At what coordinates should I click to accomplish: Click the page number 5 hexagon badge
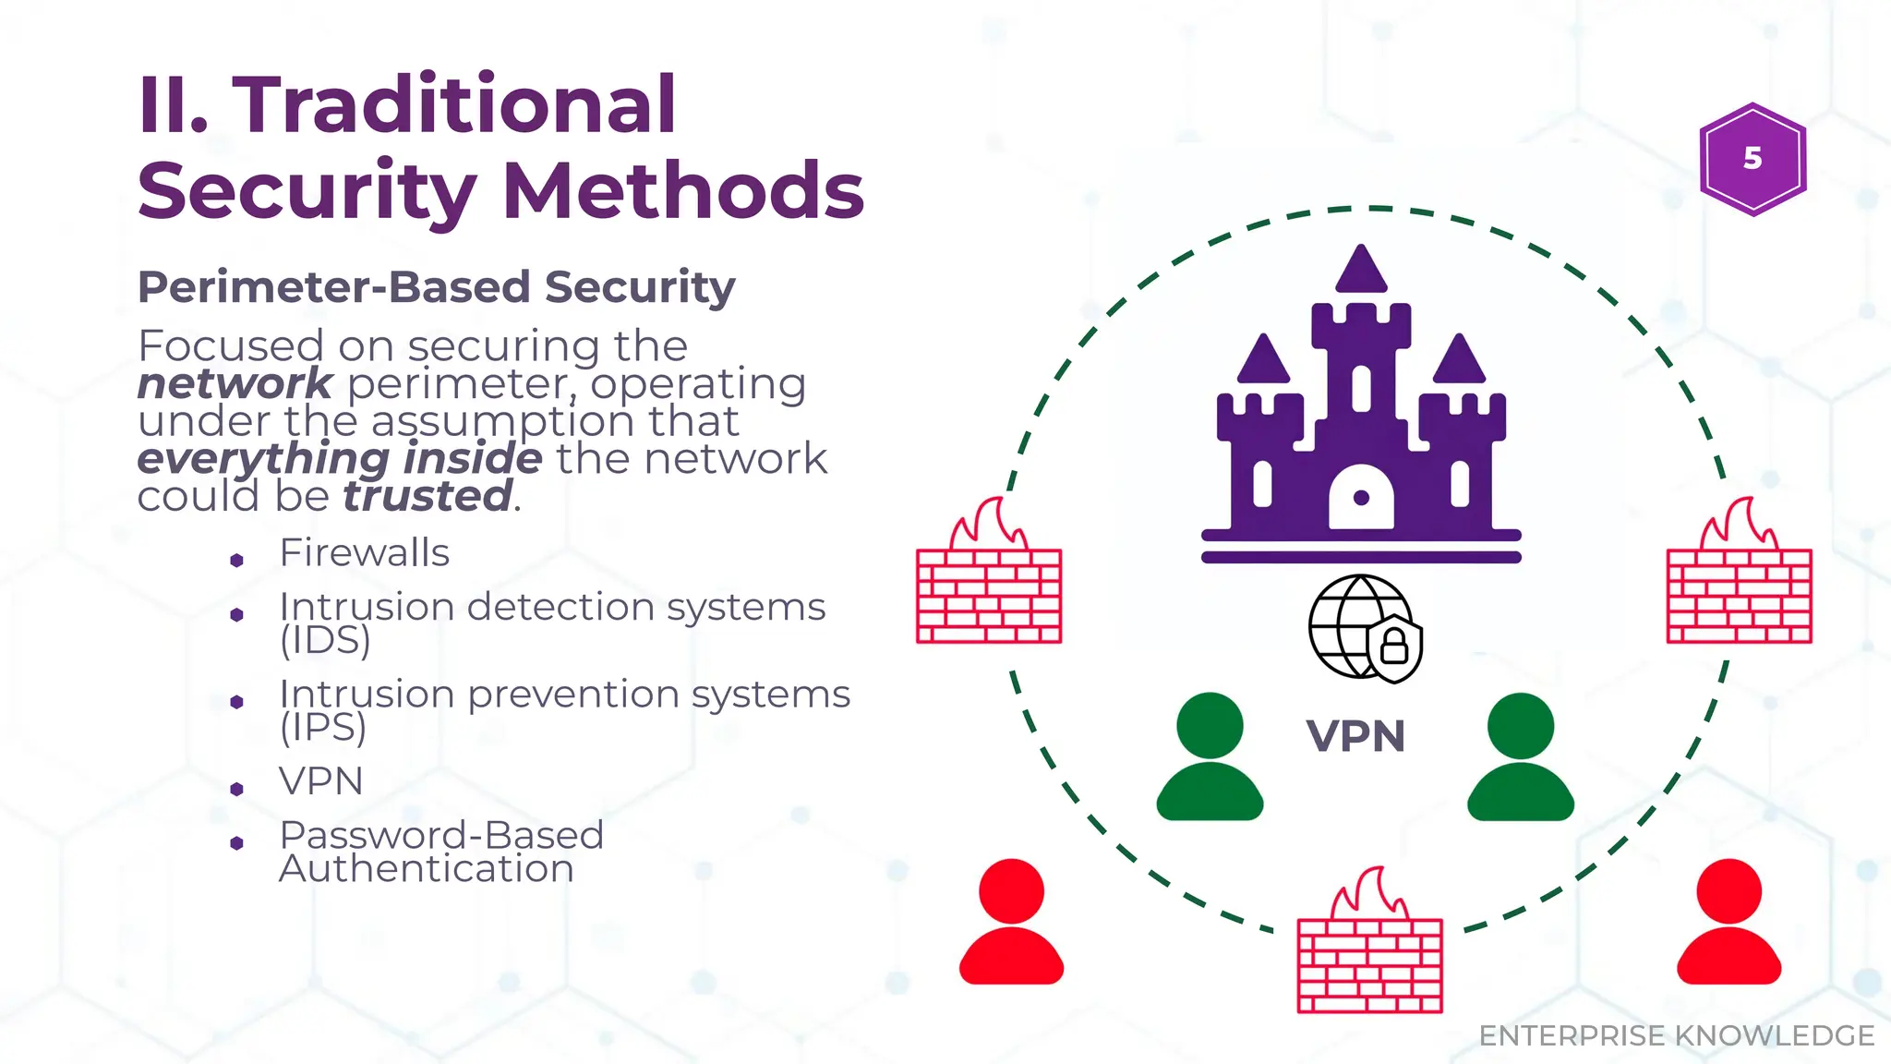pyautogui.click(x=1752, y=159)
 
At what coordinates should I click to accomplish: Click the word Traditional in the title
pyautogui.click(x=454, y=104)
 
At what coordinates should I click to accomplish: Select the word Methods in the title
pyautogui.click(x=683, y=191)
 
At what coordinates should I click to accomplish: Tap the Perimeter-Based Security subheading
pyautogui.click(x=436, y=287)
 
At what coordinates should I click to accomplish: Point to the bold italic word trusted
pyautogui.click(x=428, y=497)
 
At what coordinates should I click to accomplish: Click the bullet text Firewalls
pyautogui.click(x=364, y=553)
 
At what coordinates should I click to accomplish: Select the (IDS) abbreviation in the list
pyautogui.click(x=325, y=640)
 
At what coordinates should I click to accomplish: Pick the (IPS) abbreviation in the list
pyautogui.click(x=323, y=728)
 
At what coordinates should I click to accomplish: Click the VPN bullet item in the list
pyautogui.click(x=320, y=781)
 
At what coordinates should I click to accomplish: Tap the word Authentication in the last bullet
pyautogui.click(x=426, y=869)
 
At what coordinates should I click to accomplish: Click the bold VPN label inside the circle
pyautogui.click(x=1355, y=737)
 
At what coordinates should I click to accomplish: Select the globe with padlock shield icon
pyautogui.click(x=1365, y=628)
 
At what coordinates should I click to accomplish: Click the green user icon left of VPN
pyautogui.click(x=1210, y=757)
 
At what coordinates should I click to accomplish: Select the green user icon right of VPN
pyautogui.click(x=1520, y=757)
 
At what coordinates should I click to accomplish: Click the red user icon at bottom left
pyautogui.click(x=1011, y=924)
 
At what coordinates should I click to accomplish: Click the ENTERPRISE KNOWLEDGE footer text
pyautogui.click(x=1676, y=1036)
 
